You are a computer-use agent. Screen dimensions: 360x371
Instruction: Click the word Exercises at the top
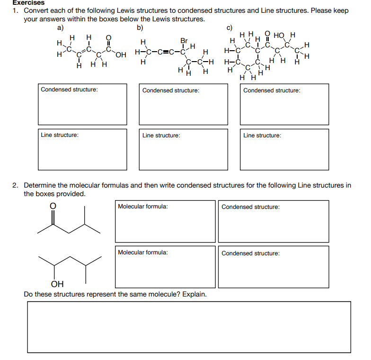[x=28, y=3]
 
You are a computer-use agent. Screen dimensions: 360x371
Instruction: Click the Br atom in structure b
[x=184, y=41]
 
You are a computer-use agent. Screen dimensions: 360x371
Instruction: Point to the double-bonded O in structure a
[x=108, y=37]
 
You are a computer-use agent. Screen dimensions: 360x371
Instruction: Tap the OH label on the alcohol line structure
[x=57, y=284]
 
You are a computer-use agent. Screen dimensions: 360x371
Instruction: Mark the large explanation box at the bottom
[x=189, y=327]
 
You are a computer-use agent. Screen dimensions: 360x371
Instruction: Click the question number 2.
[x=15, y=185]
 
